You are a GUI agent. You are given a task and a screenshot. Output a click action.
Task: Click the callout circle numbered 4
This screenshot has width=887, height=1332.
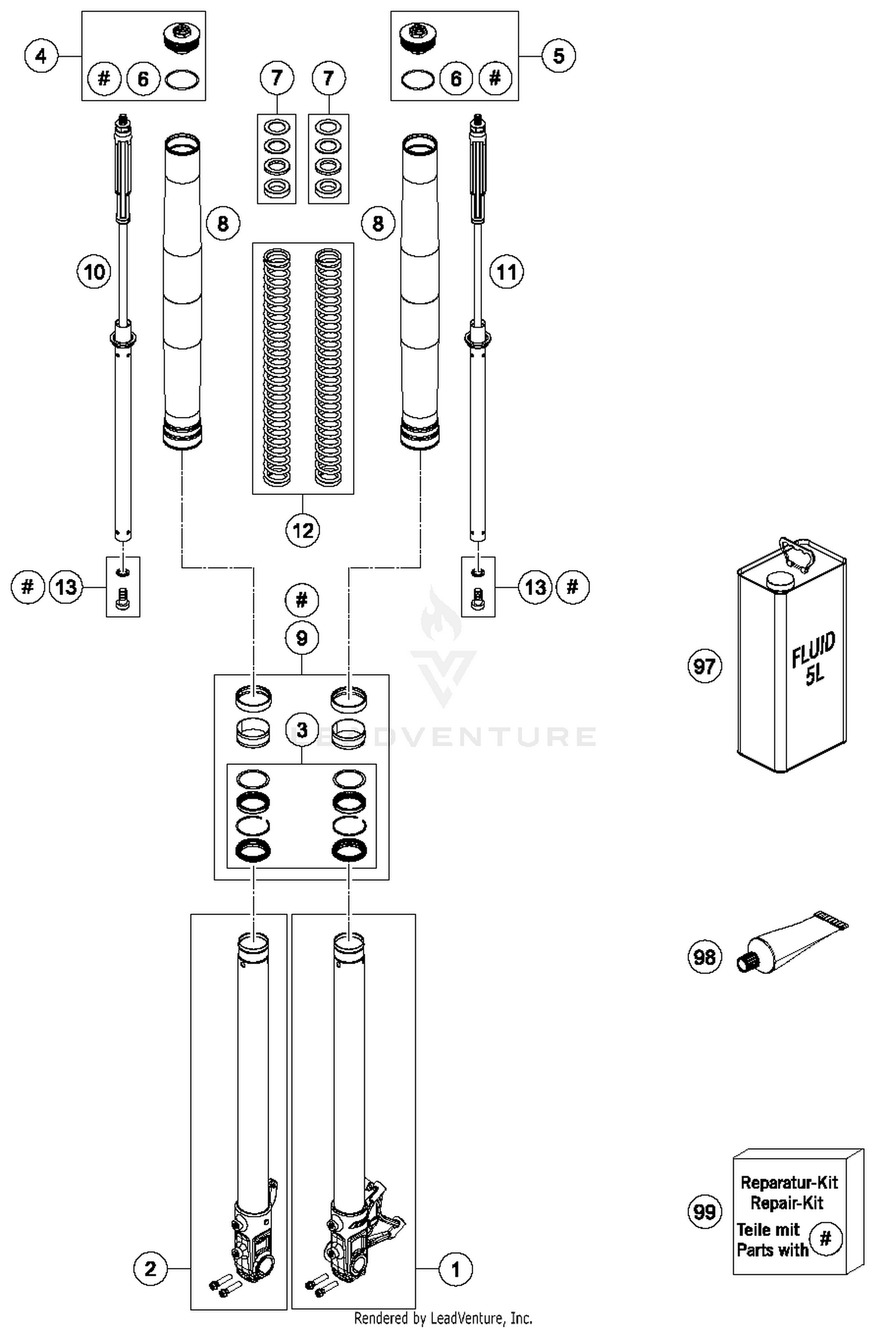pyautogui.click(x=41, y=56)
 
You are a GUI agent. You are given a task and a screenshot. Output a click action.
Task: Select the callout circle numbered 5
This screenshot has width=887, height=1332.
pyautogui.click(x=558, y=56)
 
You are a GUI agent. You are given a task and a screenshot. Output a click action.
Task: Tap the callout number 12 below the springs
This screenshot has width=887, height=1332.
pyautogui.click(x=303, y=530)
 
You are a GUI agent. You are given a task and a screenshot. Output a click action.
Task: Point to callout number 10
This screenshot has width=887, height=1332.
pyautogui.click(x=95, y=272)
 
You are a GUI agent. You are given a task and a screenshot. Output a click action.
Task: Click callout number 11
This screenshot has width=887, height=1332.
pyautogui.click(x=507, y=272)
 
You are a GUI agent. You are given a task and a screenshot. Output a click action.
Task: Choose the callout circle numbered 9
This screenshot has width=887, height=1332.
pyautogui.click(x=302, y=638)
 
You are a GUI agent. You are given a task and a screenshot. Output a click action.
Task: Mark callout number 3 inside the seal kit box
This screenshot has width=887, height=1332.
pyautogui.click(x=302, y=730)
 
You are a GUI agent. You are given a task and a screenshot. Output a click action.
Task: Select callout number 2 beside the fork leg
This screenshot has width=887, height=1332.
pyautogui.click(x=150, y=1268)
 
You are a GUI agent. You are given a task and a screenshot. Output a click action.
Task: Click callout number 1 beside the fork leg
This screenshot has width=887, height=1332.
pyautogui.click(x=455, y=1269)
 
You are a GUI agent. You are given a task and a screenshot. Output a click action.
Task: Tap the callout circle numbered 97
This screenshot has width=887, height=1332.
pyautogui.click(x=704, y=667)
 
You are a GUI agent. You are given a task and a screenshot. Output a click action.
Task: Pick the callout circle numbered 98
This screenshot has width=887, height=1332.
pyautogui.click(x=704, y=956)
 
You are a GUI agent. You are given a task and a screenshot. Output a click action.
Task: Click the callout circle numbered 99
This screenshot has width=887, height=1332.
pyautogui.click(x=704, y=1212)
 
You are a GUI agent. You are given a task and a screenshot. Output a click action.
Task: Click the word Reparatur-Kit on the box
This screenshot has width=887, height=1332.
pyautogui.click(x=789, y=1182)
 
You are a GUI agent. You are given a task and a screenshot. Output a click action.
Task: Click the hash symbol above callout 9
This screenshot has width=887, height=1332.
pyautogui.click(x=302, y=600)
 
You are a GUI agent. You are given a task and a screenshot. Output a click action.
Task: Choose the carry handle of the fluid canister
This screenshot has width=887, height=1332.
pyautogui.click(x=793, y=554)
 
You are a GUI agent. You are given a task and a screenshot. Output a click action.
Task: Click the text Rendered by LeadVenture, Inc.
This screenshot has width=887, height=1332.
pyautogui.click(x=443, y=1318)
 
